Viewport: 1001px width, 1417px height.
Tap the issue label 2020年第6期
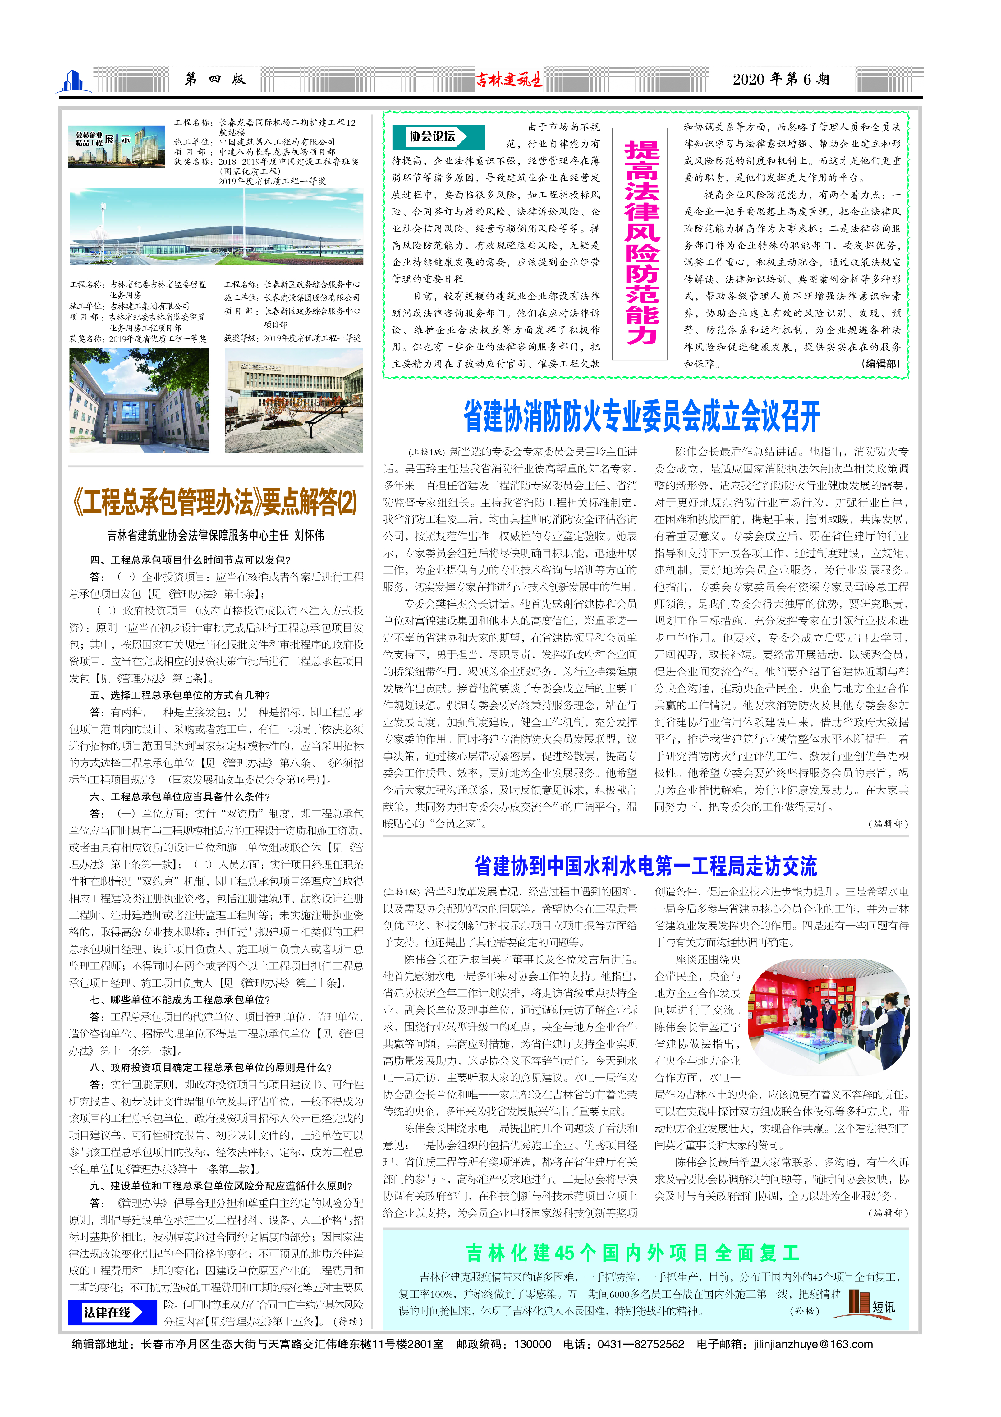[781, 79]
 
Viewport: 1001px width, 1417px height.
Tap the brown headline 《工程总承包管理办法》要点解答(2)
[215, 502]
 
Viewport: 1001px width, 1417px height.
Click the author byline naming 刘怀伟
[215, 535]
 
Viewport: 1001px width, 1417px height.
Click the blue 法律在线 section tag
[111, 1312]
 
